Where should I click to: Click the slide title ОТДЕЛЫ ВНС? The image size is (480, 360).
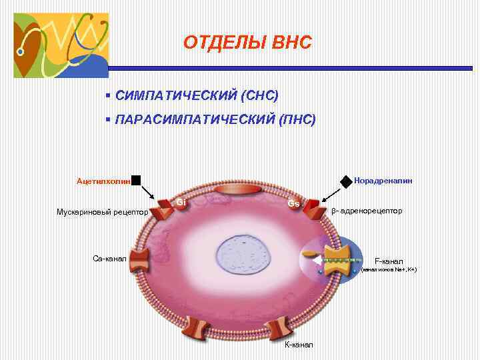[x=247, y=43]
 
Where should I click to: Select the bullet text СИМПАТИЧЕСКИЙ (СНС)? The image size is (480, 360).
[x=196, y=95]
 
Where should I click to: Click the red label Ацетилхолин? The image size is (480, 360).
[x=103, y=181]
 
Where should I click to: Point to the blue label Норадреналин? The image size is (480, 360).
[x=383, y=180]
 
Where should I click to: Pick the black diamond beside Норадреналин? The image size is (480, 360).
[x=346, y=181]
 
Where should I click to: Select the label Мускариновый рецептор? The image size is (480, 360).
[x=102, y=213]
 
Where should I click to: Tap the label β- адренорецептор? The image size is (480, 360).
[x=367, y=211]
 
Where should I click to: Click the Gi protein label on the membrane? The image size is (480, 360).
[x=181, y=202]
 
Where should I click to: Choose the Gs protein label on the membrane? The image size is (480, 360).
[x=294, y=203]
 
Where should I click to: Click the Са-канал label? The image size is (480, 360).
[x=110, y=258]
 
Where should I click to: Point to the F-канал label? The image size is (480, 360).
[x=389, y=261]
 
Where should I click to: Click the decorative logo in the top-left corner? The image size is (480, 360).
[x=61, y=45]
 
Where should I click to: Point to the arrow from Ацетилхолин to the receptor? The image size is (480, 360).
[x=148, y=191]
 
